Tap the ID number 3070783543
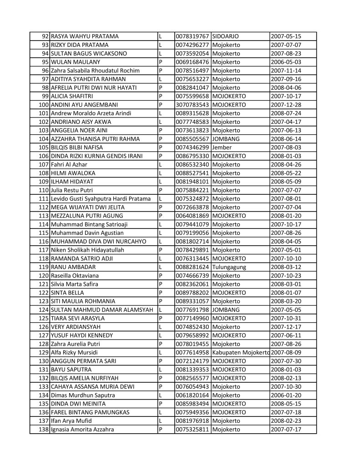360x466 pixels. click(x=192, y=105)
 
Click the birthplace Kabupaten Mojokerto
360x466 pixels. click(x=241, y=353)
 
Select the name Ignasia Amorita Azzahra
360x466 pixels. click(x=82, y=430)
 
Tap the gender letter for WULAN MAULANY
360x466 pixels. click(x=161, y=62)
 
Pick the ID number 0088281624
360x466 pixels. click(x=192, y=267)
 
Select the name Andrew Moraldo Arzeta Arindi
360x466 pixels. click(x=91, y=113)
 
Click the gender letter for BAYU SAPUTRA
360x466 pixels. click(x=161, y=370)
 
